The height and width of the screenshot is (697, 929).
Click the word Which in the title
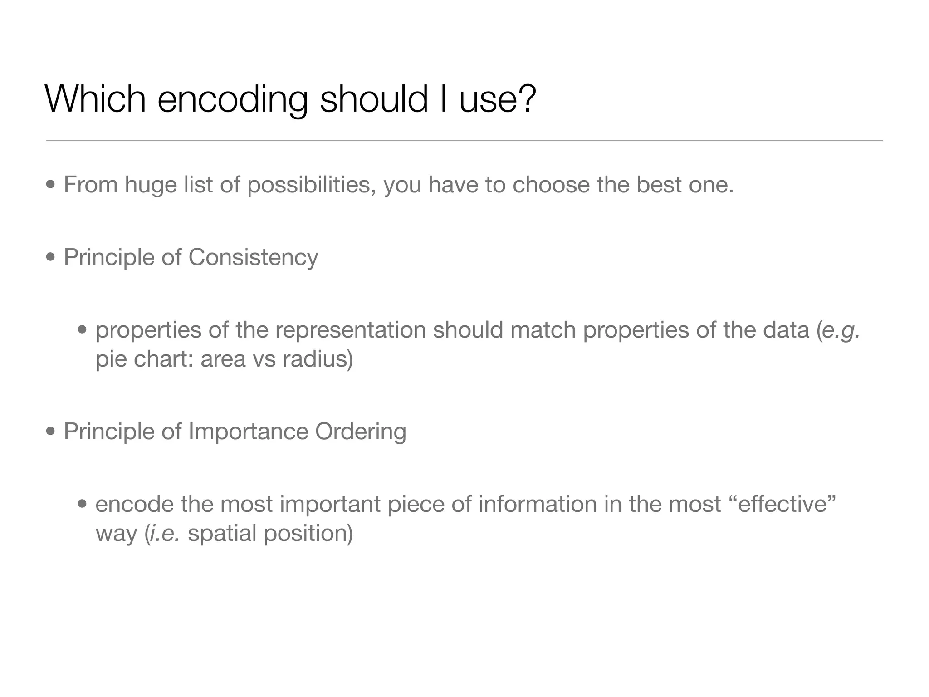tap(95, 99)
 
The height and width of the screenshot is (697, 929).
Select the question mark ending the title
tap(527, 99)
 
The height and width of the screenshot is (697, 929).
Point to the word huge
tap(151, 186)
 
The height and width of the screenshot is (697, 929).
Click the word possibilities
tap(311, 186)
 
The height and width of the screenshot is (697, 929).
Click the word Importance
tap(248, 432)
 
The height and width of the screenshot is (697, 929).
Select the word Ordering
tap(361, 432)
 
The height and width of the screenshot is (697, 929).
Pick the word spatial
tap(222, 534)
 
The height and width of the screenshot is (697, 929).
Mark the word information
tap(537, 504)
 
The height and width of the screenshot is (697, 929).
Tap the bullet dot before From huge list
tap(51, 185)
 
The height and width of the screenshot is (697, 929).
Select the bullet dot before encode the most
tap(82, 504)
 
